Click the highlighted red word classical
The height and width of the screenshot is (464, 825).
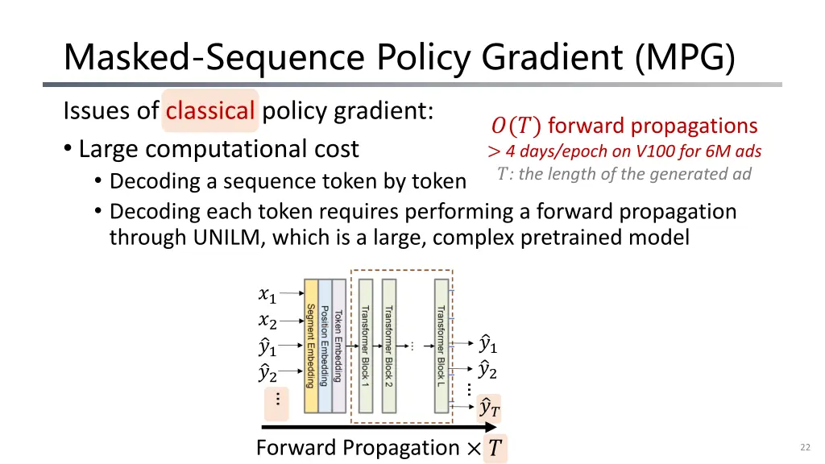210,110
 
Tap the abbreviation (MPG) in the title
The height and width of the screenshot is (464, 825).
685,57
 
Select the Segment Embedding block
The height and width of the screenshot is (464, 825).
311,346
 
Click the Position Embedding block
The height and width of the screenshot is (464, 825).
325,346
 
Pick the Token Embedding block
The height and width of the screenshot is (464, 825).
339,346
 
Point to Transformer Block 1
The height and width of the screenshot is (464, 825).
366,346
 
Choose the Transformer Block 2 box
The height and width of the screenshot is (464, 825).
389,346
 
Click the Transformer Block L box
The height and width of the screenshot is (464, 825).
442,346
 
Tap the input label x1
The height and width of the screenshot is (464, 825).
267,295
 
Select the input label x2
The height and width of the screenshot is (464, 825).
267,321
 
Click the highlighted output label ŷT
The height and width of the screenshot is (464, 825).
489,408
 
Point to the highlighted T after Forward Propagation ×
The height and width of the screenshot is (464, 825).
495,448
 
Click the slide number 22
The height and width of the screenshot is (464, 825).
805,447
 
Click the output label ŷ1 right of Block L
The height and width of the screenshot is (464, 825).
487,343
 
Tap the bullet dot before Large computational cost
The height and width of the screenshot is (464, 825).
68,148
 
